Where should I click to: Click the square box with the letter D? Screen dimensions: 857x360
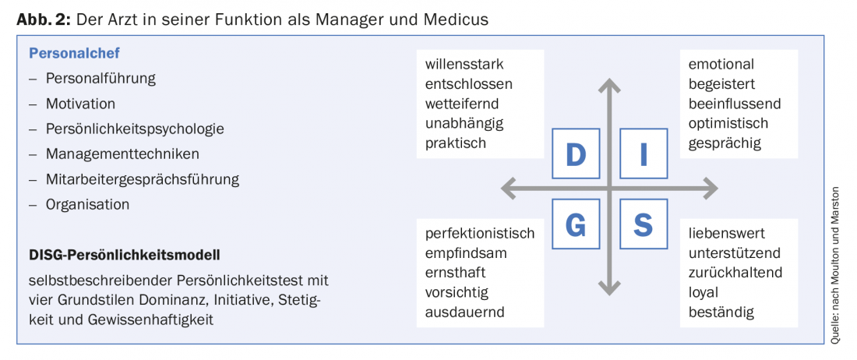click(576, 154)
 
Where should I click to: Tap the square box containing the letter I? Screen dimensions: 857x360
click(644, 154)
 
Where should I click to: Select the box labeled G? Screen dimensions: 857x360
click(576, 224)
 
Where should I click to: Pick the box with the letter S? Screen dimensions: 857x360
click(644, 224)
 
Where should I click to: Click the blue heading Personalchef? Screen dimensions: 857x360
click(74, 54)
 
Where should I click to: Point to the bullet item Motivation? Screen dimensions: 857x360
click(80, 104)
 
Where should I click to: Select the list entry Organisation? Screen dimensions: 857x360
click(87, 204)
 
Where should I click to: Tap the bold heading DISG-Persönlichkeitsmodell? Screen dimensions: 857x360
click(125, 255)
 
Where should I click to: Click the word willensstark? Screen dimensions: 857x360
click(464, 64)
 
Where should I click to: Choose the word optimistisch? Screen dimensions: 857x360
click(728, 123)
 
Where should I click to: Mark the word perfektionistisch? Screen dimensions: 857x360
click(480, 234)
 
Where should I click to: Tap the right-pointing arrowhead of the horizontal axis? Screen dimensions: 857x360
click(710, 189)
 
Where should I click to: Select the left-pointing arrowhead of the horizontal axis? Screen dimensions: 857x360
click(509, 189)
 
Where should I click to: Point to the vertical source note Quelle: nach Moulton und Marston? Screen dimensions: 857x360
click(836, 266)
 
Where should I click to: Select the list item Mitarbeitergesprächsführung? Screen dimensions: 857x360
click(143, 179)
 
